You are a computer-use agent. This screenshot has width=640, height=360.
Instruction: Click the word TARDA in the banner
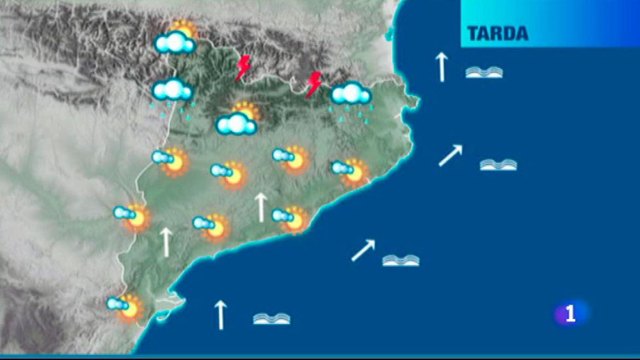498,34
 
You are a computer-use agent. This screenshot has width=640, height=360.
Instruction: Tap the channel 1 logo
570,314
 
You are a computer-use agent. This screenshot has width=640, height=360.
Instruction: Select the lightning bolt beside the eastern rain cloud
314,84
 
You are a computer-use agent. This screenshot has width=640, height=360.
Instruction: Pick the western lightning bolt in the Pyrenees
242,68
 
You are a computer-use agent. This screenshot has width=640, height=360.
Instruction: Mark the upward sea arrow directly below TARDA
441,67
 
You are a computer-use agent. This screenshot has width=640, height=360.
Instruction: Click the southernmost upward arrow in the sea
220,315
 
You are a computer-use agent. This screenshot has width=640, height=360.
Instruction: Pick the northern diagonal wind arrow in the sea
450,155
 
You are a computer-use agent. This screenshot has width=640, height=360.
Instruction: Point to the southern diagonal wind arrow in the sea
363,250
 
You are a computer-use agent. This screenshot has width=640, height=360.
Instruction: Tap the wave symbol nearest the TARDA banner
484,72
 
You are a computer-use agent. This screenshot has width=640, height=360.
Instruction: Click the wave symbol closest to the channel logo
498,164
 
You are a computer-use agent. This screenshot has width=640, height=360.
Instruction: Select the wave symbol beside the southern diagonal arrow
401,260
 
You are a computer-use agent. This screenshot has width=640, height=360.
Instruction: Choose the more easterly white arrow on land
261,207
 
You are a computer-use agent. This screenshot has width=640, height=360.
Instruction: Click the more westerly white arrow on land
166,242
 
